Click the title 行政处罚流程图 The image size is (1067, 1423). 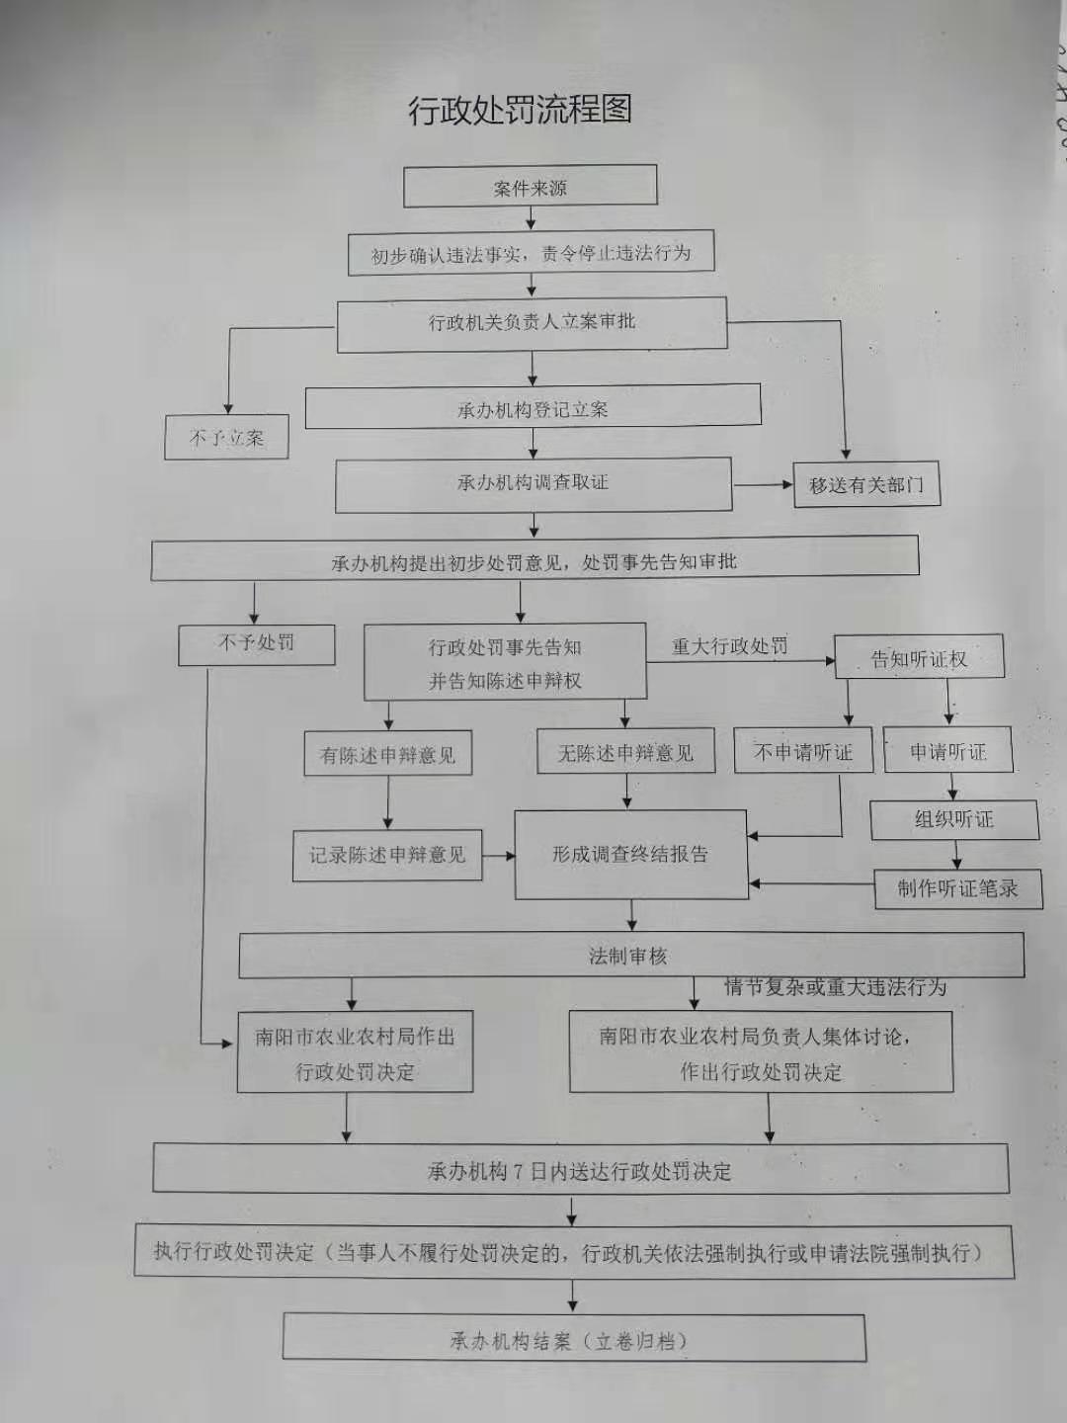point(520,110)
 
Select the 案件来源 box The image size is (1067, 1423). point(531,187)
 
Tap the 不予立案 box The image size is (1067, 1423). point(226,437)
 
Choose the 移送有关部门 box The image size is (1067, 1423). point(866,484)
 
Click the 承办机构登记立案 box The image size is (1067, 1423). point(533,408)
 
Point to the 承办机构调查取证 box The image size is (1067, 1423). point(533,483)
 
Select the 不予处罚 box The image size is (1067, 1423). point(256,643)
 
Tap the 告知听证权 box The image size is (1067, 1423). point(919,658)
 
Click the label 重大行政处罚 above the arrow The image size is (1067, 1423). point(730,646)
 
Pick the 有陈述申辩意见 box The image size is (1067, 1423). point(387,755)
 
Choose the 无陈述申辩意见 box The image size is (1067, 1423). point(625,753)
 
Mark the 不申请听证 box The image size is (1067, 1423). point(803,752)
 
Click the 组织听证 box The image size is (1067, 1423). point(954,819)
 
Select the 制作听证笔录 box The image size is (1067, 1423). point(957,888)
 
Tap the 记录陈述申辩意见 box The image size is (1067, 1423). point(387,855)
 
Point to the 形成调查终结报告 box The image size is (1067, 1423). point(630,855)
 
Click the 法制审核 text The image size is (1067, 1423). point(628,956)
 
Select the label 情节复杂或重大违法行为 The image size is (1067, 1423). point(836,986)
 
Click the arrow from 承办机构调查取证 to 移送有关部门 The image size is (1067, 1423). point(763,484)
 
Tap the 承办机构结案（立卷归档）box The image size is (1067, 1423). point(573,1340)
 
